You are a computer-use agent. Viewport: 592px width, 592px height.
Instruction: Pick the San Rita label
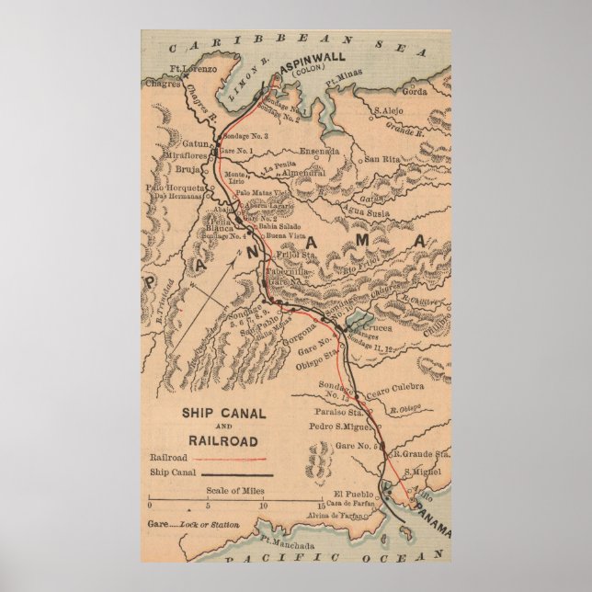(x=383, y=159)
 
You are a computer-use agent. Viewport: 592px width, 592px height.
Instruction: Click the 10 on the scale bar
(x=264, y=507)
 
